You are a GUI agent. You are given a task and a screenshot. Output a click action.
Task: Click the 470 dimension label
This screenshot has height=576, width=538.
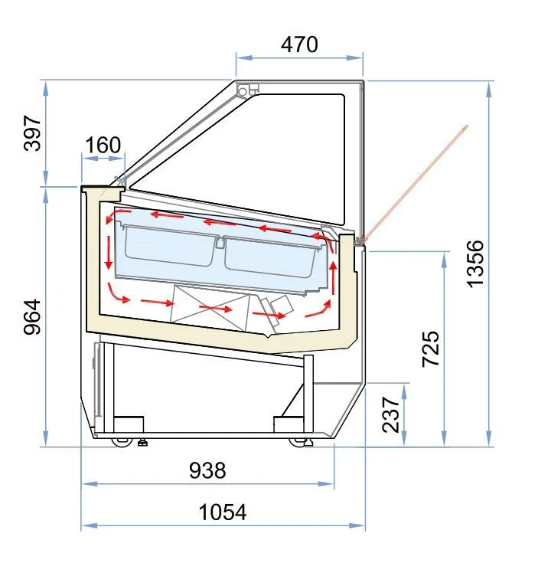299,44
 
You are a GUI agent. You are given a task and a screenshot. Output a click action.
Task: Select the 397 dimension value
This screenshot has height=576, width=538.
32,133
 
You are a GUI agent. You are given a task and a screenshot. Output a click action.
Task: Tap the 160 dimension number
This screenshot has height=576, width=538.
103,145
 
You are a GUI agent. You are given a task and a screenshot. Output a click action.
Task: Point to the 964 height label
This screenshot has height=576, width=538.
32,316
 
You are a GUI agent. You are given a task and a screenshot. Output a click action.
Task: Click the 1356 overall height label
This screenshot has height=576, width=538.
475,263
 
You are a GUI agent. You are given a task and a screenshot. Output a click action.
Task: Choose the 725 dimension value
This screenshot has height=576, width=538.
430,349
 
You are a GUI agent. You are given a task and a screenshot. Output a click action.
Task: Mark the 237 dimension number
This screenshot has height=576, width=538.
390,414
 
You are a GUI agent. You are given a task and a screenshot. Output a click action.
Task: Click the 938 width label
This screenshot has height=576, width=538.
207,470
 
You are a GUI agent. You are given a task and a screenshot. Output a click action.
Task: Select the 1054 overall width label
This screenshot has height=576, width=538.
223,512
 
